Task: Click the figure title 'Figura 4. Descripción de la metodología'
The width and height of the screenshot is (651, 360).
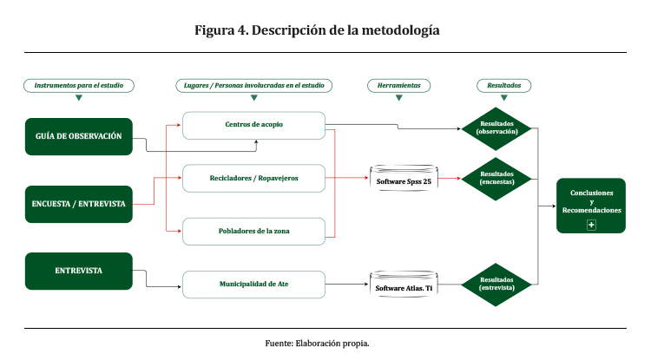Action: pos(317,30)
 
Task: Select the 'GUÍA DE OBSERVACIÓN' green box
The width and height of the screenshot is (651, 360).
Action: pos(79,136)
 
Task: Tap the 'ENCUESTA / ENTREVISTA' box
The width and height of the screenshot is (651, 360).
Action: pos(79,204)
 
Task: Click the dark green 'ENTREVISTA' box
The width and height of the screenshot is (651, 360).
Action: pos(79,271)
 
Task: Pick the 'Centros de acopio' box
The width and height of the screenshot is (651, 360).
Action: pos(253,125)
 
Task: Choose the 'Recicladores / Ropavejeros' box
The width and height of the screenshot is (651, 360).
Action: pos(253,178)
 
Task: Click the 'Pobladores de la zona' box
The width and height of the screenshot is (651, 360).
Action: pos(253,231)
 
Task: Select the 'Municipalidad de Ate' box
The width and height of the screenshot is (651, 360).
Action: pos(253,284)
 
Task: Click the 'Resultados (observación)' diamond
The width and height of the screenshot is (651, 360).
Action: pos(496,128)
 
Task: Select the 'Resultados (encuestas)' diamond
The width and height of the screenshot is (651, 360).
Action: pos(496,178)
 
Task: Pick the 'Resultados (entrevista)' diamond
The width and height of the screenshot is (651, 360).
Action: pos(496,284)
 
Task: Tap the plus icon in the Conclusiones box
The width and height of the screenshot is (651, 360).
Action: pos(591,225)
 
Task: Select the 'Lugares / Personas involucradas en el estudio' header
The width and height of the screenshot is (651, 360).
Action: pos(253,85)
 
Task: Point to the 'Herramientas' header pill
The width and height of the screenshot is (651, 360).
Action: pos(399,85)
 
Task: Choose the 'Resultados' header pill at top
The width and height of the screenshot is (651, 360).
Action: pos(504,85)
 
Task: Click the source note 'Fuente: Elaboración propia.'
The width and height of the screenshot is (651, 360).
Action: pos(317,344)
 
